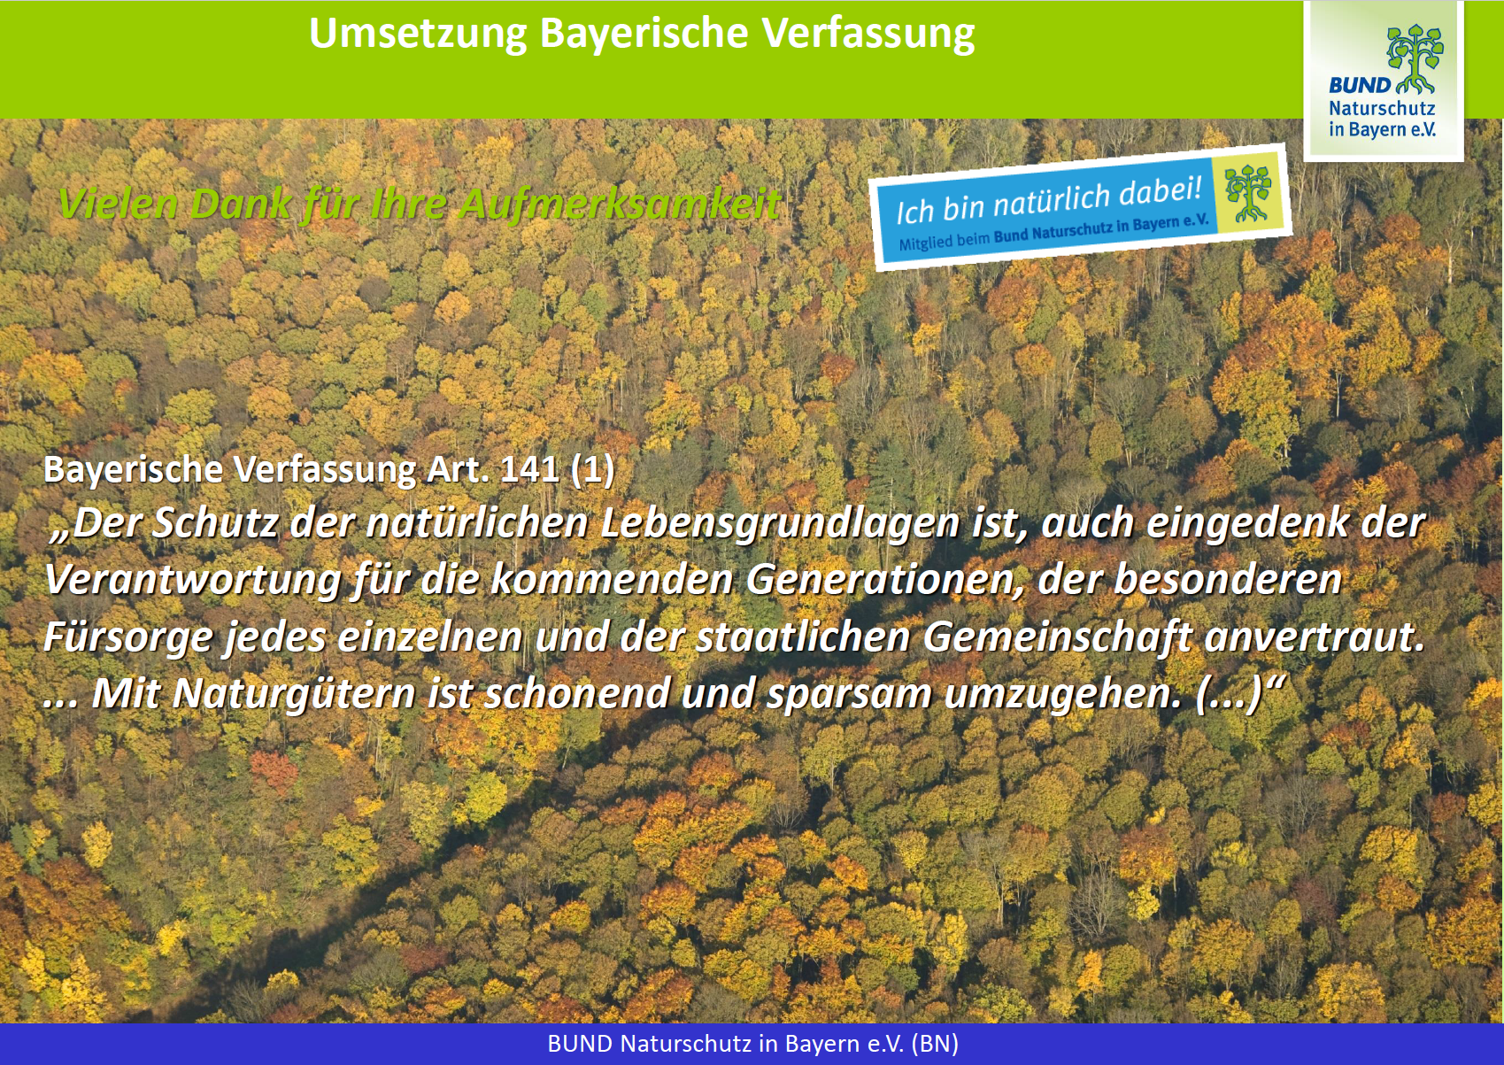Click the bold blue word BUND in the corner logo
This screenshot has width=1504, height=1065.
(x=1360, y=86)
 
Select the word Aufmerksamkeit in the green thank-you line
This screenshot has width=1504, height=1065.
(x=619, y=204)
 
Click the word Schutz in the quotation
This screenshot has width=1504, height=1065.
(x=215, y=523)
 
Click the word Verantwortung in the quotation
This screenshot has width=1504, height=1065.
(x=193, y=580)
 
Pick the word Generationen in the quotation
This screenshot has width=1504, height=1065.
(x=885, y=580)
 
